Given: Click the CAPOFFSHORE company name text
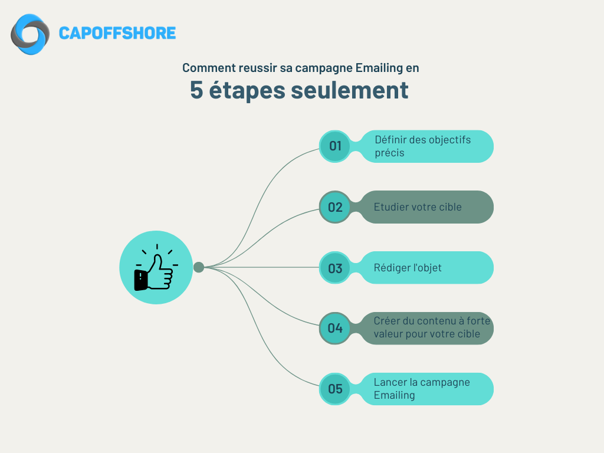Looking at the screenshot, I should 117,33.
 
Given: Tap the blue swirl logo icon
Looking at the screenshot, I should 30,34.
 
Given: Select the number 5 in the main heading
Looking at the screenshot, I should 196,90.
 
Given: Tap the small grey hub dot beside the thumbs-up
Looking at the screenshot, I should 199,267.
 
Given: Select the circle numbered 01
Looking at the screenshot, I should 335,146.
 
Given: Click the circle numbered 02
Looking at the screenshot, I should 335,207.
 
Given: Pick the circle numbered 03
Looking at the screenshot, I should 335,268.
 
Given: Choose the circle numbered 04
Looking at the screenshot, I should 335,328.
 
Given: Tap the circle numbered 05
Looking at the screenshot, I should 335,389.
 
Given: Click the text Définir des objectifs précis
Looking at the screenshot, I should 422,146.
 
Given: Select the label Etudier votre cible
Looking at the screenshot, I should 418,207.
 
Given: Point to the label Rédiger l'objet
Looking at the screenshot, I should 408,268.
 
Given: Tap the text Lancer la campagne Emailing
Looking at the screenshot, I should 421,388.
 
